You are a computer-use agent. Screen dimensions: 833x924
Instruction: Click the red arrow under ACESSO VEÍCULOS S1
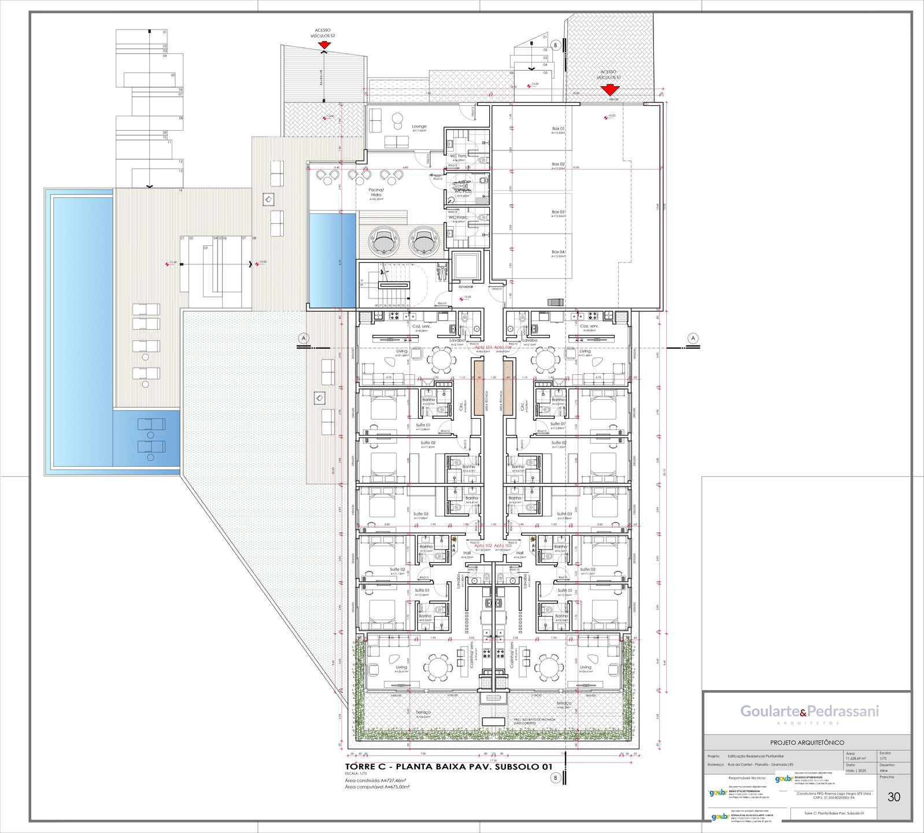pyautogui.click(x=609, y=90)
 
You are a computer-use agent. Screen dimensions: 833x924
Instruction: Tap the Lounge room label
pyautogui.click(x=419, y=127)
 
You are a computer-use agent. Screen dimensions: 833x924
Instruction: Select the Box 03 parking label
pyautogui.click(x=558, y=212)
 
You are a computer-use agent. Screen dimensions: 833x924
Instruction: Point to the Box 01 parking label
pyautogui.click(x=558, y=128)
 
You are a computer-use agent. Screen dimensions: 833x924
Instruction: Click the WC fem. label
pyautogui.click(x=459, y=156)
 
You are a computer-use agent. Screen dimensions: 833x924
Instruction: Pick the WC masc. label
pyautogui.click(x=459, y=218)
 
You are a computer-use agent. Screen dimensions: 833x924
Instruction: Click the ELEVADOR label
pyautogui.click(x=466, y=287)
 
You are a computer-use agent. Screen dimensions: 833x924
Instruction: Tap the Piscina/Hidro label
pyautogui.click(x=376, y=192)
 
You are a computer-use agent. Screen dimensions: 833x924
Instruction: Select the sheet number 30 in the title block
pyautogui.click(x=893, y=797)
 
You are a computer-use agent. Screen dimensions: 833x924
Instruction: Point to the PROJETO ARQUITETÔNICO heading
pyautogui.click(x=807, y=742)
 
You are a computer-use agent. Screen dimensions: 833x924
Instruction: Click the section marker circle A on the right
pyautogui.click(x=693, y=338)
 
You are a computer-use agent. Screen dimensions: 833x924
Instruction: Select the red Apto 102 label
pyautogui.click(x=483, y=545)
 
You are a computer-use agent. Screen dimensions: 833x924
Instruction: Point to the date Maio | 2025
pyautogui.click(x=856, y=771)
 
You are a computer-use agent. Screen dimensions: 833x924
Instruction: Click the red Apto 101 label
pyautogui.click(x=483, y=347)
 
